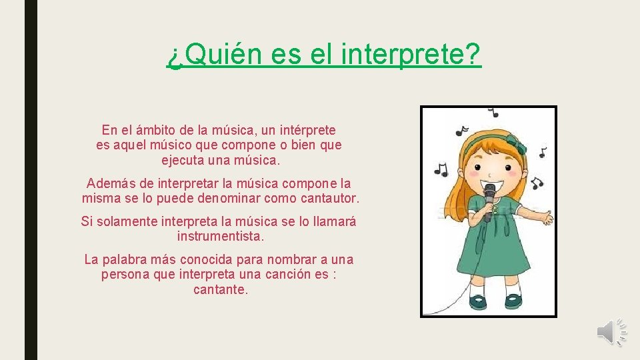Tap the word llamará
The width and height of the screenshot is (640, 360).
[331, 221]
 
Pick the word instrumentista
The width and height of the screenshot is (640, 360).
[221, 237]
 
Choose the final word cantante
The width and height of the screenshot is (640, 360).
[221, 290]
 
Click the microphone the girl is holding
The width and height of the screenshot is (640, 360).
[489, 194]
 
